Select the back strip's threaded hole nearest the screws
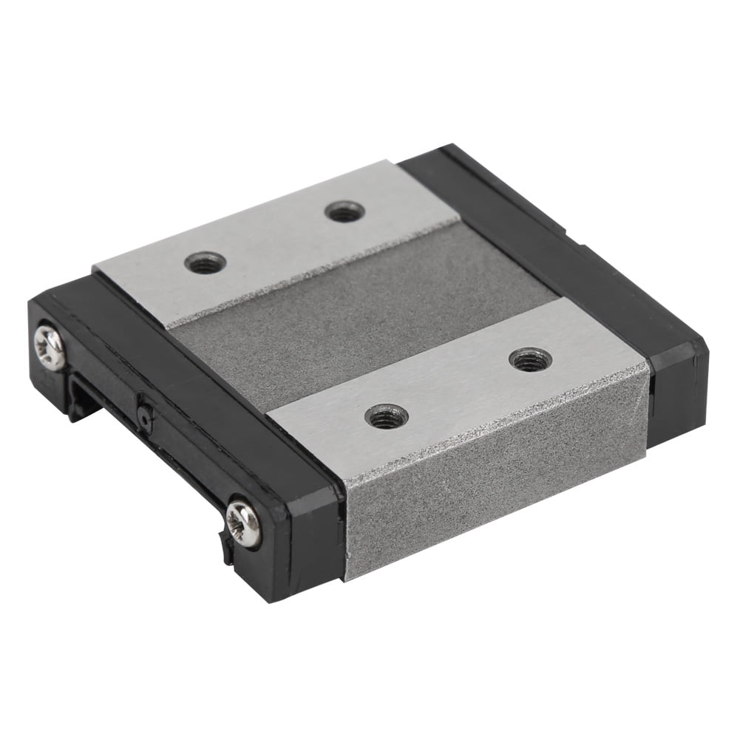[x=205, y=262]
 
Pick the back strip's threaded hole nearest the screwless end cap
[x=344, y=211]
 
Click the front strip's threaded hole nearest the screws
[x=387, y=417]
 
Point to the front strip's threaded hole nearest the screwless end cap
[x=531, y=359]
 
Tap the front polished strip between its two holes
[x=458, y=388]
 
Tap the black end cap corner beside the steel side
[x=310, y=547]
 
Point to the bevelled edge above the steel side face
[x=488, y=421]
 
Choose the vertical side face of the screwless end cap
[x=676, y=407]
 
